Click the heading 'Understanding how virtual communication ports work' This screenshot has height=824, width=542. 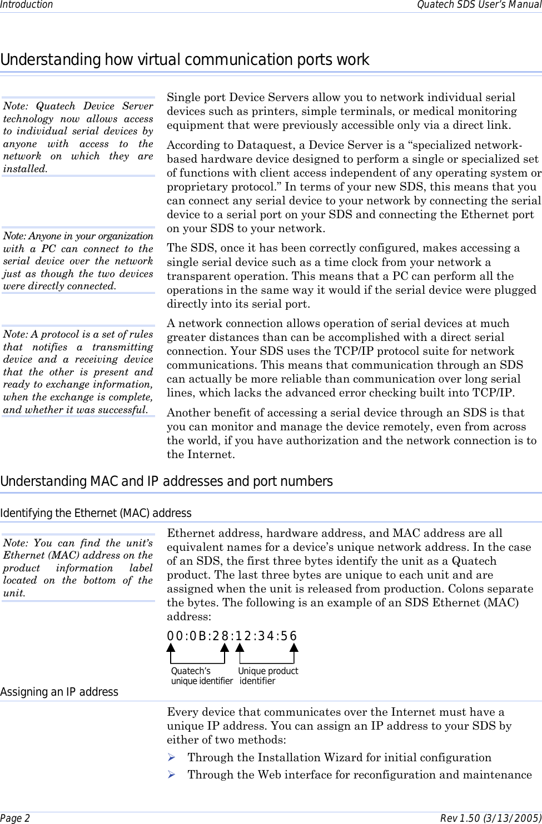[x=185, y=60]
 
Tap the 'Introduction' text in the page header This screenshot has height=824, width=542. [x=27, y=5]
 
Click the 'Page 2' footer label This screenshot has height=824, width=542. [x=16, y=818]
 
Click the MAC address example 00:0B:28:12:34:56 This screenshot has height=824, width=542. [x=232, y=636]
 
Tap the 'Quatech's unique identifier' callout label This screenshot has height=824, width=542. [x=201, y=676]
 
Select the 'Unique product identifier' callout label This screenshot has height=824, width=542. [x=268, y=676]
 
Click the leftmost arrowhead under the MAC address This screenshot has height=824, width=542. [x=171, y=648]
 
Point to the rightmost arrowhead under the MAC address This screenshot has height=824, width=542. [x=294, y=648]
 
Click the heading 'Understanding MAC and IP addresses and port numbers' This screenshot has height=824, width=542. [x=167, y=481]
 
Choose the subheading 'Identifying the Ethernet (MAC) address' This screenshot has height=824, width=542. [x=96, y=513]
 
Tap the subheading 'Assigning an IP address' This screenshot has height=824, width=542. [x=59, y=692]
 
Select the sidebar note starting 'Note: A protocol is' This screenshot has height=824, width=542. [x=78, y=372]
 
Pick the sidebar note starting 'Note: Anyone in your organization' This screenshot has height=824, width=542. [x=78, y=261]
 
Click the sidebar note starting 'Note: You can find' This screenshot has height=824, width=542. [x=78, y=567]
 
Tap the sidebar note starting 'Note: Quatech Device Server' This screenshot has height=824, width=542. [x=78, y=137]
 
